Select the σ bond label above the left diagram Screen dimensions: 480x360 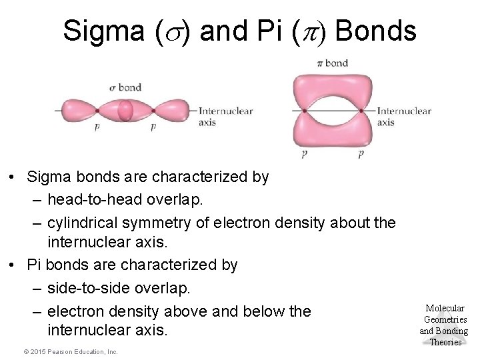coord(125,87)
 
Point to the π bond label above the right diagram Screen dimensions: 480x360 coord(332,63)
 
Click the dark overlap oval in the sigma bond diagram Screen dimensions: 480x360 coord(125,111)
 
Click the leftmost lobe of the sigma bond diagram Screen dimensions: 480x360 coord(77,111)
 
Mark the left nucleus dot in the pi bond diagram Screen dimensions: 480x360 coord(303,111)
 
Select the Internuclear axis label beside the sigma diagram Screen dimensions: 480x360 coord(225,116)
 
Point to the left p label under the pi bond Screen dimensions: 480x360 coord(304,154)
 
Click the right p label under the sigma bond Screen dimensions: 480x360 coord(153,126)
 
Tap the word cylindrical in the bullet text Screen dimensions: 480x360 coord(83,223)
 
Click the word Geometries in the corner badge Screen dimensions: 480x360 coord(445,319)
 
